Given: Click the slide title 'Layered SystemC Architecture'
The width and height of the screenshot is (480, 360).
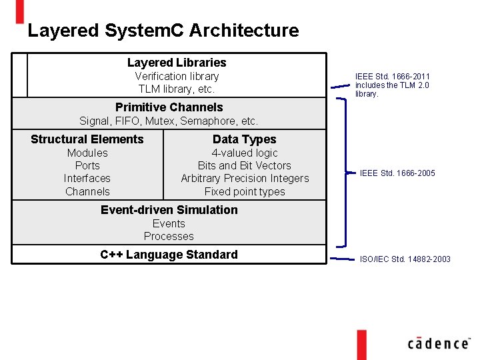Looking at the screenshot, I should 163,31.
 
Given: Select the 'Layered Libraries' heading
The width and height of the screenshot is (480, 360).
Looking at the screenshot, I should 177,63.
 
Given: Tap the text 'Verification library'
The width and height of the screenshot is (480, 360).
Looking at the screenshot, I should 177,76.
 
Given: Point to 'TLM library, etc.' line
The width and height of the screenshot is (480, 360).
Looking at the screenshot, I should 177,89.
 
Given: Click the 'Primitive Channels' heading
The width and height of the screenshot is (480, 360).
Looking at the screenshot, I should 169,107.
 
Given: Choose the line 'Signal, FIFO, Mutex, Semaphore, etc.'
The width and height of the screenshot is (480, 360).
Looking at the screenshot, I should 169,121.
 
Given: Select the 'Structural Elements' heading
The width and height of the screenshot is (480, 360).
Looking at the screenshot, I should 87,139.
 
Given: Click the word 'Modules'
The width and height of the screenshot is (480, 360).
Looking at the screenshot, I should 87,153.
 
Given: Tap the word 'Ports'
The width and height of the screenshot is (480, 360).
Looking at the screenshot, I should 87,165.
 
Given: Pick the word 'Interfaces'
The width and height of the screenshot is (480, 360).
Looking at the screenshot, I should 87,178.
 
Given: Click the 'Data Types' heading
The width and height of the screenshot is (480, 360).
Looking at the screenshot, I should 244,139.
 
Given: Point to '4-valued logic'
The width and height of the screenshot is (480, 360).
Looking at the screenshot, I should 244,153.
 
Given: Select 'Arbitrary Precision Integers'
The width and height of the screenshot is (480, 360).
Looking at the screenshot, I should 245,178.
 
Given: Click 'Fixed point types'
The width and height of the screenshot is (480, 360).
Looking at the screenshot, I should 244,191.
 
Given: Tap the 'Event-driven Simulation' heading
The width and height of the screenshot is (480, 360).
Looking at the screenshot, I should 169,210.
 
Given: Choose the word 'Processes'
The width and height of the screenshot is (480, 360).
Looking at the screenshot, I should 169,236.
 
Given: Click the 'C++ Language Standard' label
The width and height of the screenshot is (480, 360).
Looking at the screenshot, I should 169,255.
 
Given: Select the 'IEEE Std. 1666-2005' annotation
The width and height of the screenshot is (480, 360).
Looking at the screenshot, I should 397,173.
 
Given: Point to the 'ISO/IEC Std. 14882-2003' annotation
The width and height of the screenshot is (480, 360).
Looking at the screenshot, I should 405,259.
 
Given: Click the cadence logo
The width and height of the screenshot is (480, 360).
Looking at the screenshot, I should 438,343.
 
